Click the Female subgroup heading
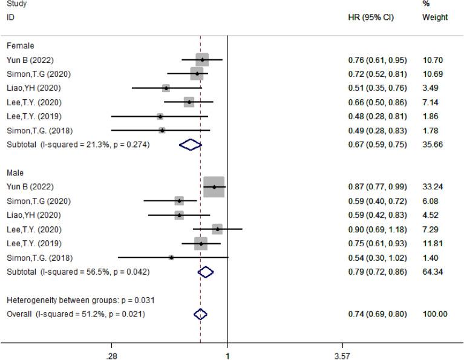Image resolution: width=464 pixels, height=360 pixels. (x=20, y=45)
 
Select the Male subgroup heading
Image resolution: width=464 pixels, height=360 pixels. (x=16, y=173)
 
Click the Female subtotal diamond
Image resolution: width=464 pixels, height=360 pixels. (x=191, y=145)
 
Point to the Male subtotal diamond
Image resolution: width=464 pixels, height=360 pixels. (x=206, y=272)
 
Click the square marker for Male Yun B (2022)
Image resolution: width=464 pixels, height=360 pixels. (x=214, y=187)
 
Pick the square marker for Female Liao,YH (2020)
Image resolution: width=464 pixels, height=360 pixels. (x=166, y=88)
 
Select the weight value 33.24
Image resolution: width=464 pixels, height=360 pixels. (x=435, y=187)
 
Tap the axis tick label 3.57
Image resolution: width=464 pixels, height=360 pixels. (x=342, y=356)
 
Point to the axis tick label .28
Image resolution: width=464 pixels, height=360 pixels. (x=112, y=356)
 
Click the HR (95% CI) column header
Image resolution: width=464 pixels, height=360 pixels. (x=371, y=18)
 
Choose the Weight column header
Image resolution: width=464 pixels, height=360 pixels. (x=435, y=18)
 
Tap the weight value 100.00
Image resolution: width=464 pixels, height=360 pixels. (x=435, y=314)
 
